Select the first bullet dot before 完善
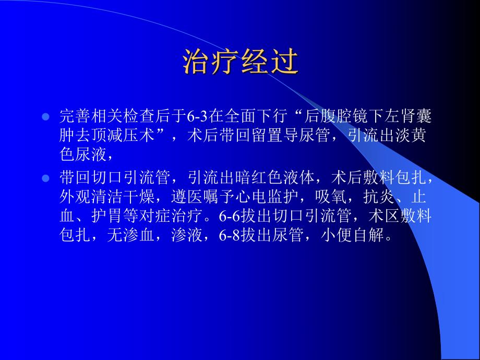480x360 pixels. (45, 116)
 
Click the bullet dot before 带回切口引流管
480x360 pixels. (45, 178)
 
